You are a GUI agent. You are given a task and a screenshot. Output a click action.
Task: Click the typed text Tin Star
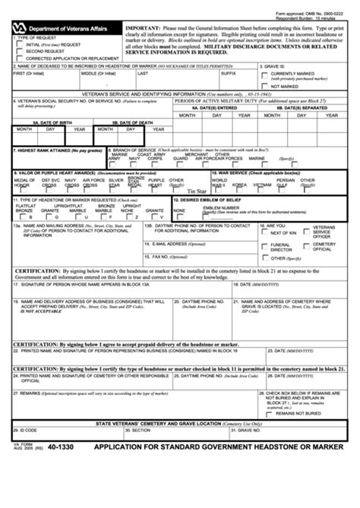(197, 191)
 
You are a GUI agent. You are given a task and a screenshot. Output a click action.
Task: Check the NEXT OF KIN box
(264, 233)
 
